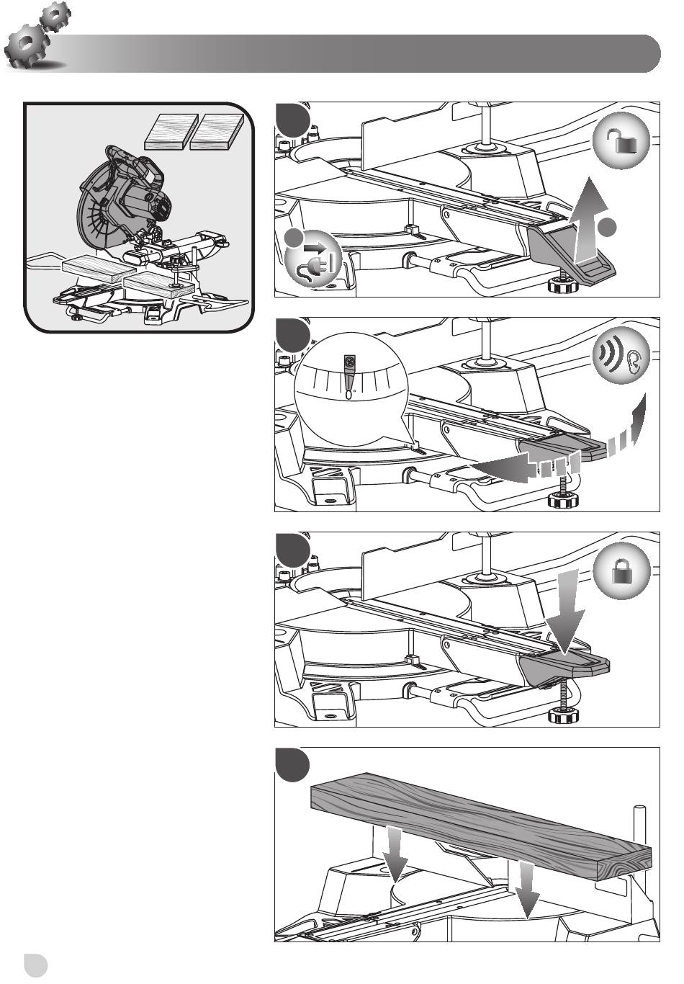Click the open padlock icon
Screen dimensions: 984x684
pos(624,143)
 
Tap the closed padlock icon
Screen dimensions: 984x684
pos(624,572)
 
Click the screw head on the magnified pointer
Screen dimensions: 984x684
pos(351,360)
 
